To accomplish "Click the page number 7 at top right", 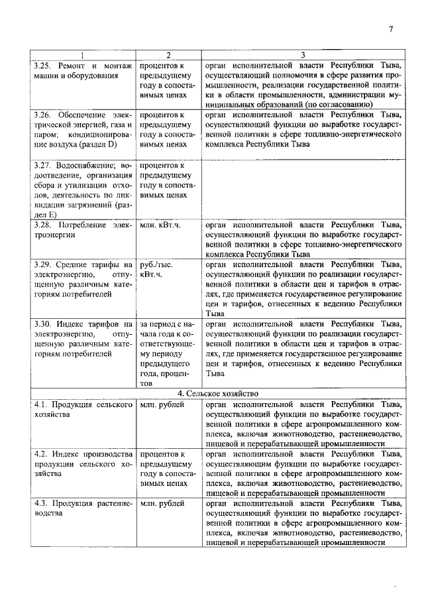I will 391,29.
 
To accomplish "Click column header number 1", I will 82,55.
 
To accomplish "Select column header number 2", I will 168,55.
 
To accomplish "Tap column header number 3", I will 302,55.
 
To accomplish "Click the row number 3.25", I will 44,66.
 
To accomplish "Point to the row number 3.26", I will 44,115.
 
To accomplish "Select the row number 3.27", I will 44,164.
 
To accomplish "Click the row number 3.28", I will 44,225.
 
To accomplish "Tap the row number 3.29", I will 44,264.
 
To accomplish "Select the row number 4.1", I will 42,404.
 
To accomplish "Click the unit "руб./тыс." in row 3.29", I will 156,264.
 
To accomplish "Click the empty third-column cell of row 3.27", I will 302,189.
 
